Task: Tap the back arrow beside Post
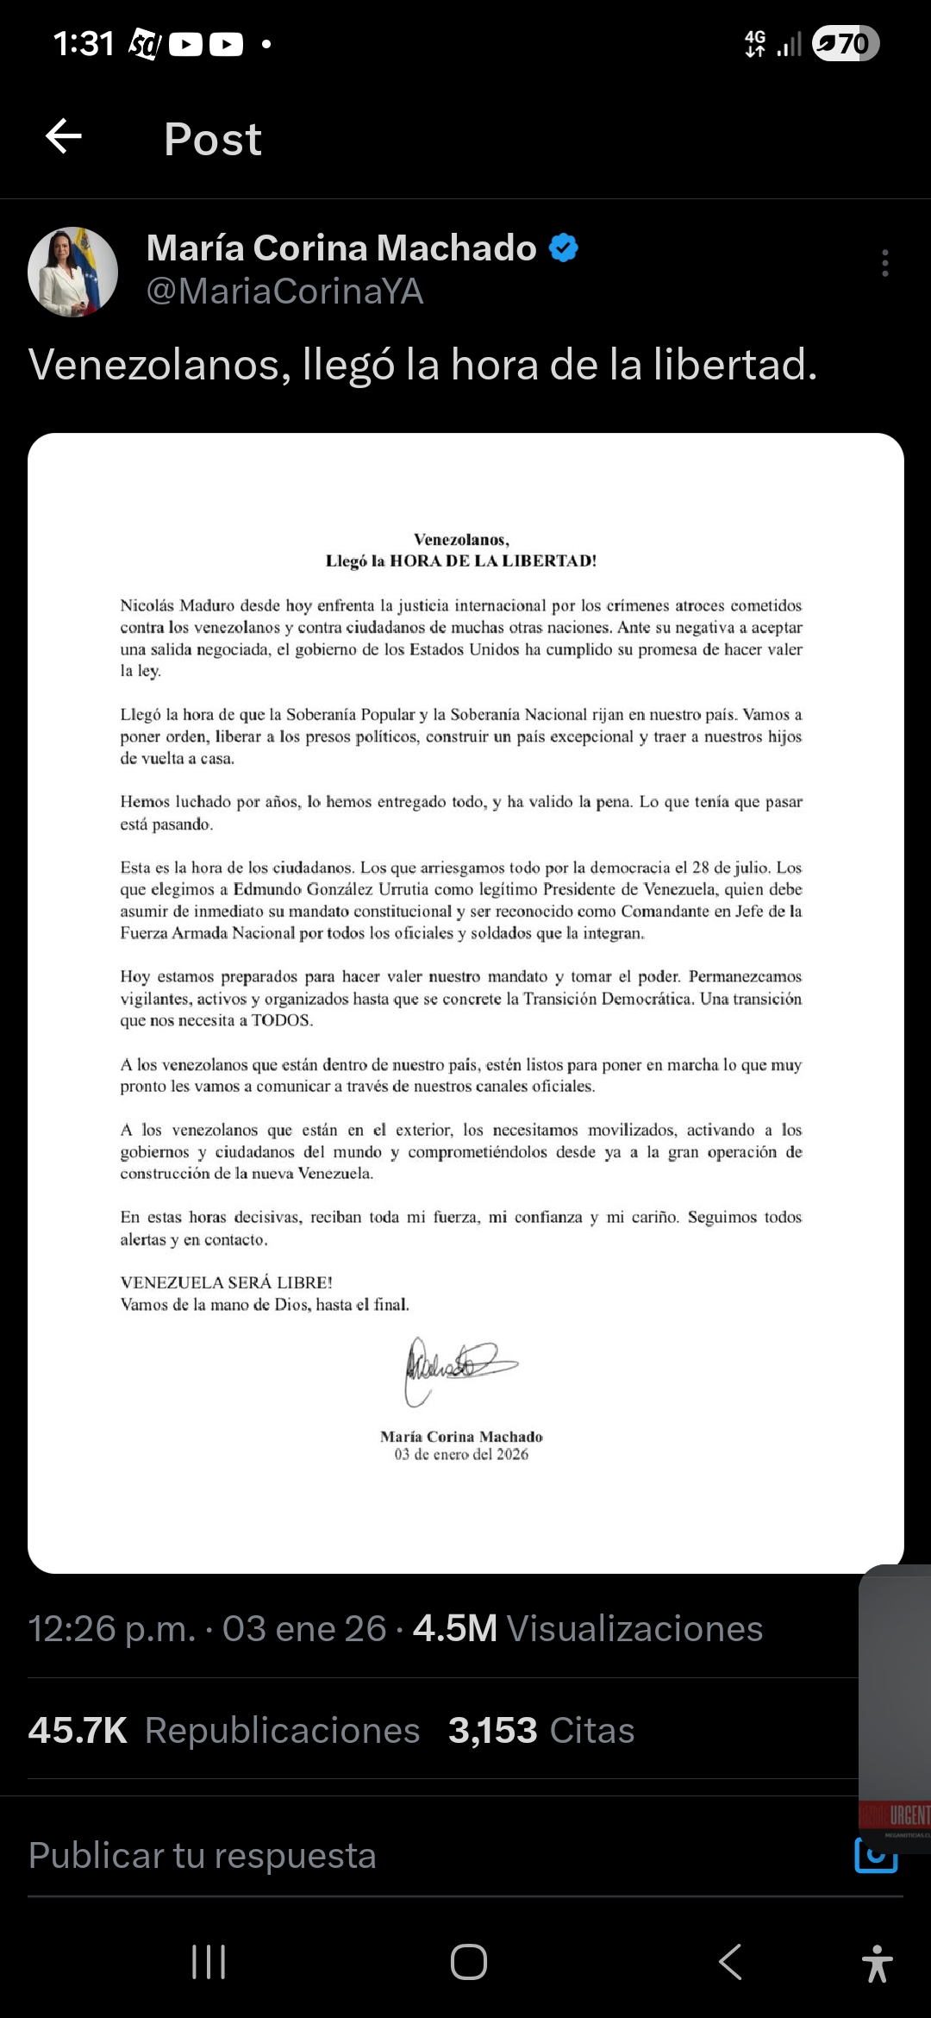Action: pos(64,136)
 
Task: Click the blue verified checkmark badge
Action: pos(564,248)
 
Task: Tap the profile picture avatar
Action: pos(73,272)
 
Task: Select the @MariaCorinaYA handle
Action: pos(284,291)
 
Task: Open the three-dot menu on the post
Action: pos(884,263)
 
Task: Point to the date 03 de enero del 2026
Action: pos(461,1455)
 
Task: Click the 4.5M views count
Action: pos(455,1629)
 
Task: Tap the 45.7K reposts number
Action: pos(78,1731)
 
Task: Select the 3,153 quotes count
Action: pos(492,1731)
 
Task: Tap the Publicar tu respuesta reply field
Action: pos(203,1856)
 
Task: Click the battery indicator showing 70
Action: pos(846,43)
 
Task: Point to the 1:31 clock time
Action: pos(84,43)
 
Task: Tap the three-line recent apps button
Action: pos(209,1962)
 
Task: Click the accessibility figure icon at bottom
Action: pos(877,1964)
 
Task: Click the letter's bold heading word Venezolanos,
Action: pos(461,540)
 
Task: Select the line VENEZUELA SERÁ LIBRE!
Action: pos(226,1282)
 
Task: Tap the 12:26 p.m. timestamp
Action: pos(112,1629)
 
